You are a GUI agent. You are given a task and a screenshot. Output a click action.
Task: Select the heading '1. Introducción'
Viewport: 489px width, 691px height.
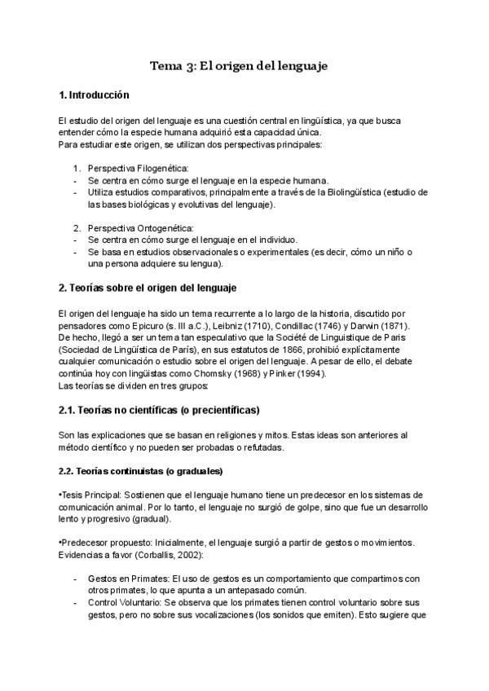[x=95, y=95]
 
